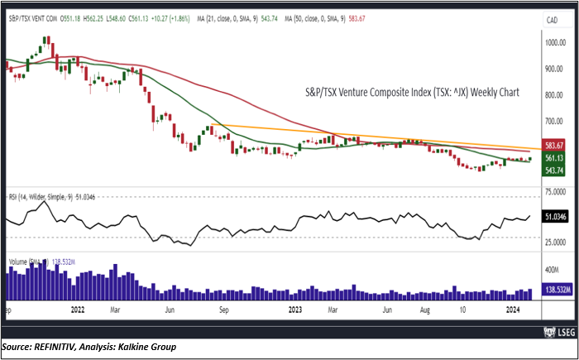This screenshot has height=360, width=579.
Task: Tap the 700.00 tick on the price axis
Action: (x=553, y=121)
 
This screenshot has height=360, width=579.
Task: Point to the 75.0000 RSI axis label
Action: (x=553, y=191)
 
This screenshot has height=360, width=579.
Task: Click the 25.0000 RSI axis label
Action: (x=553, y=242)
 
